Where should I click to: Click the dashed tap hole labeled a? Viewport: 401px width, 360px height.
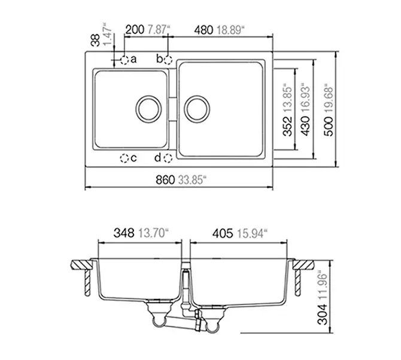pyautogui.click(x=124, y=60)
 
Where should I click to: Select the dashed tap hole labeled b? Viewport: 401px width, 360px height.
pyautogui.click(x=168, y=60)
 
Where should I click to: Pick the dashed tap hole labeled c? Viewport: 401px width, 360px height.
pyautogui.click(x=124, y=158)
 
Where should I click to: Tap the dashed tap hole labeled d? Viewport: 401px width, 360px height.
pyautogui.click(x=168, y=158)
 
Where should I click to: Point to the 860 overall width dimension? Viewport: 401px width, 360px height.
pyautogui.click(x=165, y=180)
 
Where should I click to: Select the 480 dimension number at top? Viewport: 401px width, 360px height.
pyautogui.click(x=203, y=30)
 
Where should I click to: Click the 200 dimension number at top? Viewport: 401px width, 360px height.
pyautogui.click(x=135, y=30)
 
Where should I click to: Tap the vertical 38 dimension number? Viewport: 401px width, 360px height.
pyautogui.click(x=96, y=41)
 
